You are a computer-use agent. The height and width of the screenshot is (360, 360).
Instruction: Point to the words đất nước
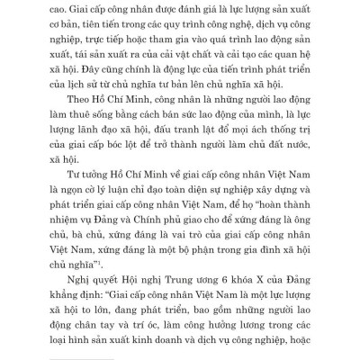[x=263, y=162]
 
